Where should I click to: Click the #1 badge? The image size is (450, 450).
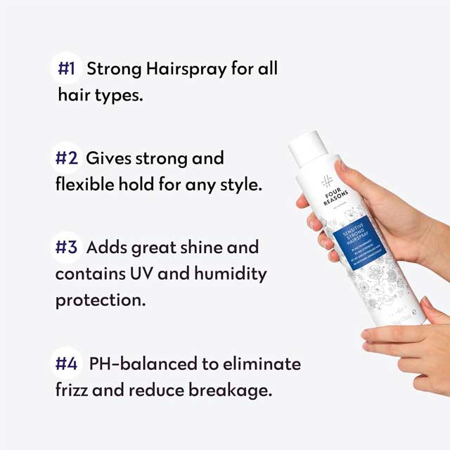tap(67, 69)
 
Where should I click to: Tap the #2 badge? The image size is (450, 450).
tap(67, 158)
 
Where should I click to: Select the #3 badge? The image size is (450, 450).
tap(67, 247)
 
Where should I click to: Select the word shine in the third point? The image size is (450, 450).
tap(202, 247)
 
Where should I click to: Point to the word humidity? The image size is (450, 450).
tap(231, 274)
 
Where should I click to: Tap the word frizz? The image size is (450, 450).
tap(72, 390)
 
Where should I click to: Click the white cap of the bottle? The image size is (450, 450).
tap(308, 147)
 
